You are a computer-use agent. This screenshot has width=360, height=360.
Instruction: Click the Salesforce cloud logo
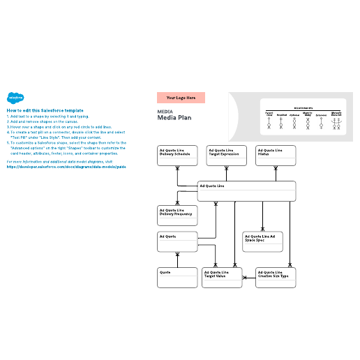(x=14, y=98)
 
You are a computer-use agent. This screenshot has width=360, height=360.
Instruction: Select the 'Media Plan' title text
(x=174, y=119)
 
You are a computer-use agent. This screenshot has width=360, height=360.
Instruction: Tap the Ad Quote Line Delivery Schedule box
(x=177, y=156)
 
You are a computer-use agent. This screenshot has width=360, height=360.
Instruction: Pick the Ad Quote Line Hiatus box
(x=276, y=156)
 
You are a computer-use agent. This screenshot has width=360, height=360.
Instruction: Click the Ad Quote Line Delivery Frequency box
(x=177, y=216)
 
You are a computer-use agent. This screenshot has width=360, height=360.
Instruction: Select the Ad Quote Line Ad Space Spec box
(x=262, y=241)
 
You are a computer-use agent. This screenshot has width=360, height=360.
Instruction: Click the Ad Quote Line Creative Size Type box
(x=276, y=277)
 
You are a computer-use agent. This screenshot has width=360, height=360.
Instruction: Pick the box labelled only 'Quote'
(x=177, y=277)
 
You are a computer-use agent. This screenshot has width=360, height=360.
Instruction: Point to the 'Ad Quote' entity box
(x=177, y=241)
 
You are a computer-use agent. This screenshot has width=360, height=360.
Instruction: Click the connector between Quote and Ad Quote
(x=177, y=260)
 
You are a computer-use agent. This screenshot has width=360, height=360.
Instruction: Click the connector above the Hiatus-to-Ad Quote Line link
(x=276, y=174)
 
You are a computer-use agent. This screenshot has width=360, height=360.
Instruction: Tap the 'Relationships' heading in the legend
(x=303, y=108)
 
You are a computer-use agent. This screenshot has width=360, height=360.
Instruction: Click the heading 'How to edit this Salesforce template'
(x=45, y=110)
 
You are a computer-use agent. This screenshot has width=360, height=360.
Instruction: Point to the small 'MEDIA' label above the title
(x=165, y=112)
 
